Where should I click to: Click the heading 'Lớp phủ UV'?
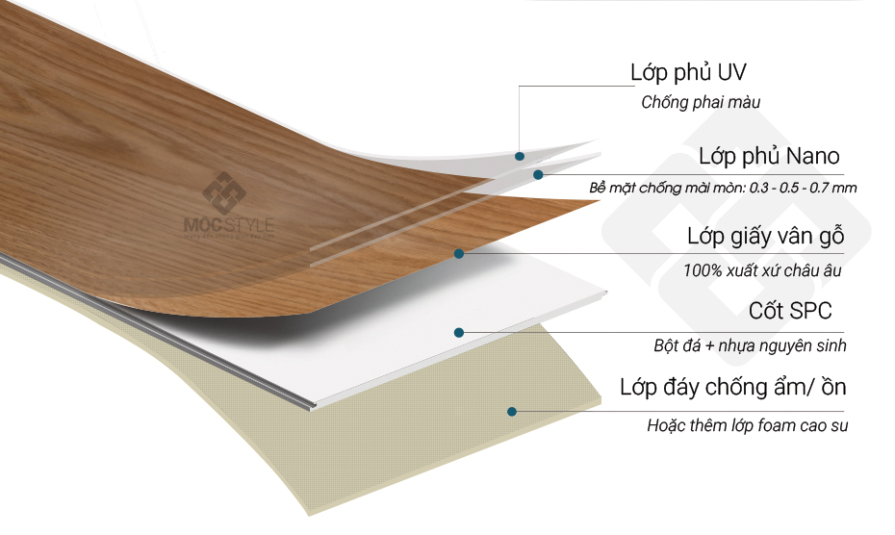688,72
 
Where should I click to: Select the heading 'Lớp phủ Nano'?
769,156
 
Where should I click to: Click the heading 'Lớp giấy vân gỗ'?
765,237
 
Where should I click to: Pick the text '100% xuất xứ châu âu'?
762,270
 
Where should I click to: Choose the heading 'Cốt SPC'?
790,311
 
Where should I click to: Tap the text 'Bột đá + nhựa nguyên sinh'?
750,344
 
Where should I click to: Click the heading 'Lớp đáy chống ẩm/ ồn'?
733,389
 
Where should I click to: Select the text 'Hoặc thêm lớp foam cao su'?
747,424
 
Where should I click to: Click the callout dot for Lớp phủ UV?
519,155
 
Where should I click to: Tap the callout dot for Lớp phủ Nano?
539,174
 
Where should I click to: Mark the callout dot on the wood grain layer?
459,254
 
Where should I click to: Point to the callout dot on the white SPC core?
460,332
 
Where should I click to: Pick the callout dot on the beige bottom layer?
512,411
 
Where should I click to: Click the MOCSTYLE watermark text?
229,226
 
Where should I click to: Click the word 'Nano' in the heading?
813,156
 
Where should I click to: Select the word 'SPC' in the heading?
811,311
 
